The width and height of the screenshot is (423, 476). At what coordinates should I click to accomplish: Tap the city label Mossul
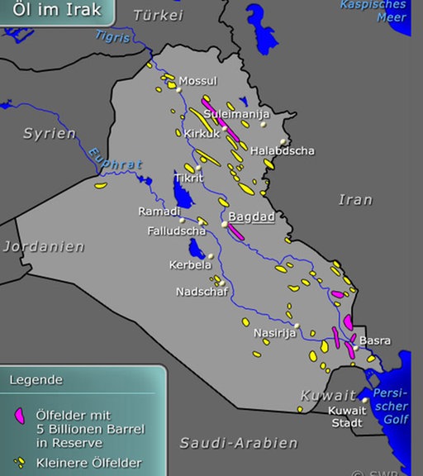198,81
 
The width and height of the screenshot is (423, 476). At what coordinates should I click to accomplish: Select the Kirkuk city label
201,133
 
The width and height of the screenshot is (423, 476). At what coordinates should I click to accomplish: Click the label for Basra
375,340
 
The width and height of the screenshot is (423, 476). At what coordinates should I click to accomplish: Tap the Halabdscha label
283,151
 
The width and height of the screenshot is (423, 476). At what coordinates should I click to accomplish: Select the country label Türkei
156,16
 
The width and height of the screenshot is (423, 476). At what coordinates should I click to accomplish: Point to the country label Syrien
49,133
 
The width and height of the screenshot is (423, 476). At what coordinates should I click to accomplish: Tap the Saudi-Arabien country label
239,443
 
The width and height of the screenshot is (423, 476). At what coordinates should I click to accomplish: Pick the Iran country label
355,199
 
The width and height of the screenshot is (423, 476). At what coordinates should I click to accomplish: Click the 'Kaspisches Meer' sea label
374,11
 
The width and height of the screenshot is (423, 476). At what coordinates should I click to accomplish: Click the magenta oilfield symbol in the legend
20,416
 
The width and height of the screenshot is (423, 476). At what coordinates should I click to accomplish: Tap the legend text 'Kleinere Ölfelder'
88,463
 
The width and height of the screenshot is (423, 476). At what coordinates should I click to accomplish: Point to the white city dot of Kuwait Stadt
364,400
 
